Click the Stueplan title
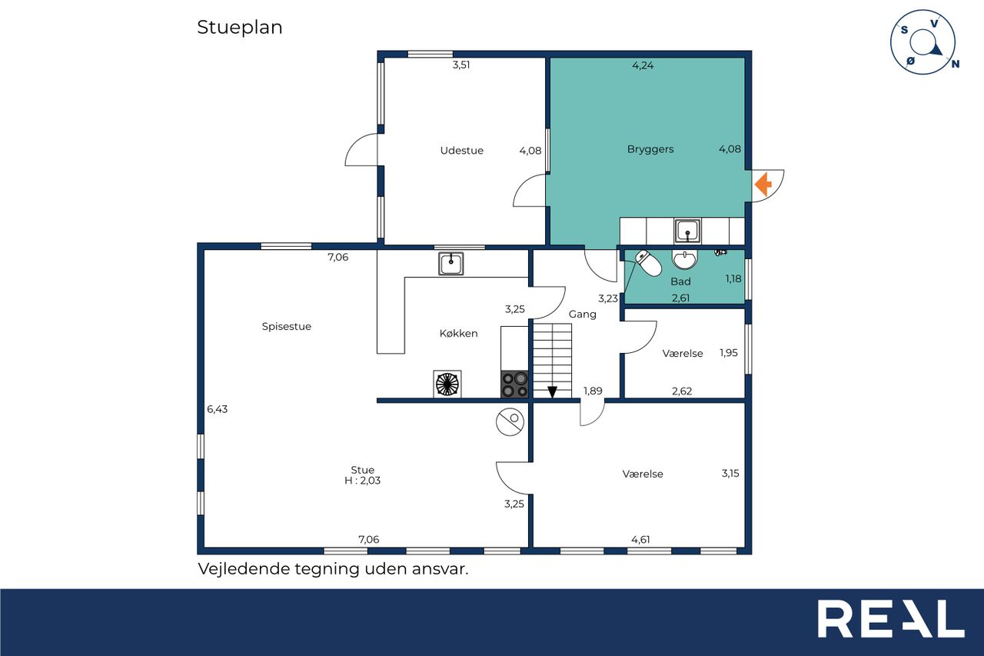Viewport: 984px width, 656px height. point(239,28)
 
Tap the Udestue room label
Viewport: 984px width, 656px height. point(462,150)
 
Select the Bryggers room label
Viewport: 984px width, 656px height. point(650,149)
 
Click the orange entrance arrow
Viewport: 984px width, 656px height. point(763,184)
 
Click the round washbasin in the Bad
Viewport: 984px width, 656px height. point(684,259)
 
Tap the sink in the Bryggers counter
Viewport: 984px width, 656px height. point(687,231)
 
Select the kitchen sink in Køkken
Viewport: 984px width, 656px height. point(450,264)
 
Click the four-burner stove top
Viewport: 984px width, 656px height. point(514,385)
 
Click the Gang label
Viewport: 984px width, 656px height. point(583,315)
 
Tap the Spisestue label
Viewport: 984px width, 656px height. point(287,327)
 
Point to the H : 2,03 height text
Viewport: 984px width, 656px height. point(362,481)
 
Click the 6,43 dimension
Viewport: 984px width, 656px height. point(218,409)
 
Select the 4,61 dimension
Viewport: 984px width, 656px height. point(640,540)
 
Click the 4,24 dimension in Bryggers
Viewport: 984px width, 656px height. point(643,65)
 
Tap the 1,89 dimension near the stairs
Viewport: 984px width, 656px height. point(593,391)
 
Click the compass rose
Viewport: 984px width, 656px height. point(923,42)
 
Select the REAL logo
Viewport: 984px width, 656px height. point(891,618)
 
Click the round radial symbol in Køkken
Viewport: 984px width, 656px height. point(447,384)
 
